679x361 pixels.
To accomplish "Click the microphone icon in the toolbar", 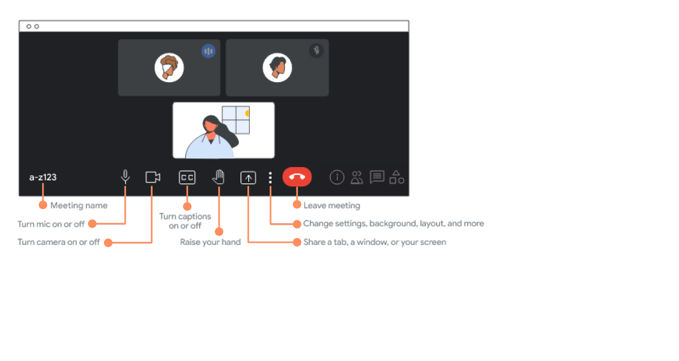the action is click(125, 177).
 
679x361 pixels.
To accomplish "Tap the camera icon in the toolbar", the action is click(153, 177).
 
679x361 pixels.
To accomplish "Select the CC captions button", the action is click(187, 178).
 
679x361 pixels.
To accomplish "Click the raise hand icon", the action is click(218, 177).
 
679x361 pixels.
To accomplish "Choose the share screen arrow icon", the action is click(248, 178).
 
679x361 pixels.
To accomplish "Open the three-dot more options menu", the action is click(271, 178).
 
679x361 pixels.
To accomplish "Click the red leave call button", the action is click(297, 177).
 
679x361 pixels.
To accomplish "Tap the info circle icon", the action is click(337, 177).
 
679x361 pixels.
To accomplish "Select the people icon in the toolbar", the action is click(357, 178).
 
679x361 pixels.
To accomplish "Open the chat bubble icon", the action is click(377, 177).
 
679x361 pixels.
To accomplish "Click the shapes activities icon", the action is click(396, 177).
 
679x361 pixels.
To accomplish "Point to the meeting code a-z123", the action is click(43, 177).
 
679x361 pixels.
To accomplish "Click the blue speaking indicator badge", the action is click(208, 51).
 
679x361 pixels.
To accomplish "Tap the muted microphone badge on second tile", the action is click(317, 50).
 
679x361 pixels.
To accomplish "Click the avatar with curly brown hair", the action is click(169, 67).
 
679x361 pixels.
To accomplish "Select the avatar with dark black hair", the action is click(277, 67).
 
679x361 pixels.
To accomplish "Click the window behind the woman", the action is click(236, 120).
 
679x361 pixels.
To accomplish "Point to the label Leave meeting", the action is click(332, 205).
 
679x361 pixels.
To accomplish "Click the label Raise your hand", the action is click(211, 242).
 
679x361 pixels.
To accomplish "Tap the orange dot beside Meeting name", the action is click(43, 205).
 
